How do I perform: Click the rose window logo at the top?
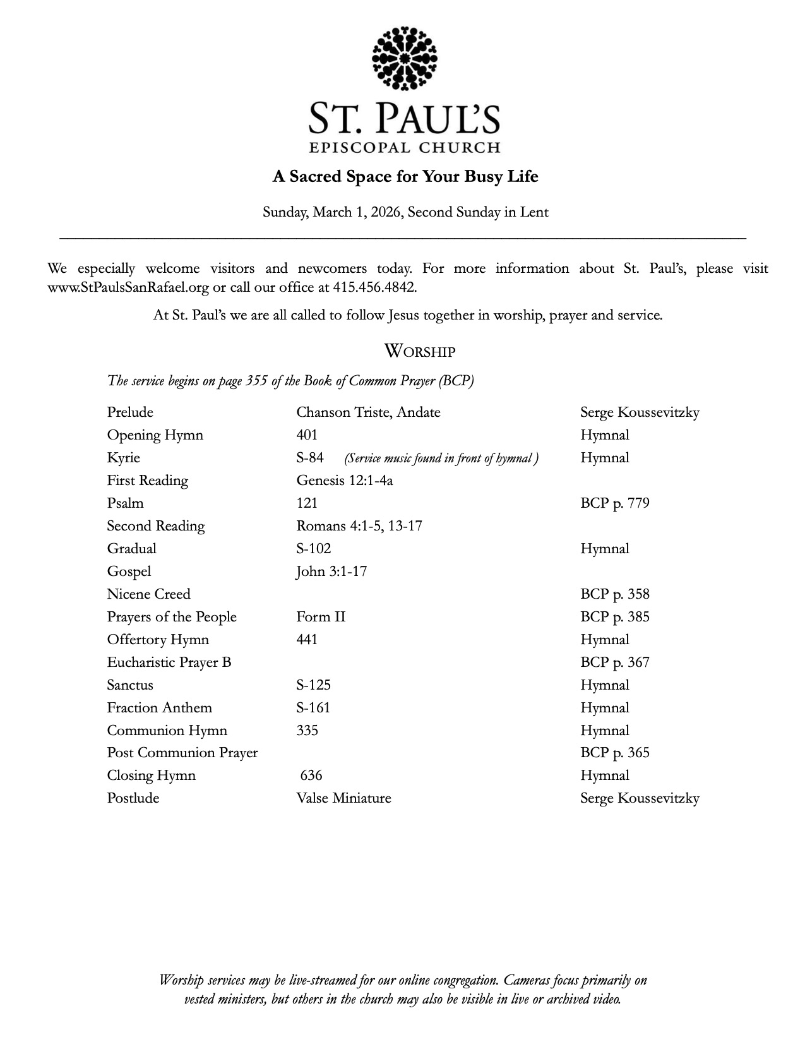pyautogui.click(x=405, y=58)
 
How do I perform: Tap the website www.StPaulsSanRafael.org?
pyautogui.click(x=128, y=287)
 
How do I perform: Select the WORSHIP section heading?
pyautogui.click(x=419, y=351)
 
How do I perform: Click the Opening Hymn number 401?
pyautogui.click(x=307, y=435)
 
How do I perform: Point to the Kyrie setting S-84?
pyautogui.click(x=310, y=458)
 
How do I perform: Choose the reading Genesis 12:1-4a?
pyautogui.click(x=345, y=481)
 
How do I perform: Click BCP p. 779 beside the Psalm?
pyautogui.click(x=614, y=503)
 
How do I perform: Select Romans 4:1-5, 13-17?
pyautogui.click(x=359, y=526)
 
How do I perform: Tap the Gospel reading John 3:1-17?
pyautogui.click(x=331, y=572)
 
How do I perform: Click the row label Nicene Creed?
pyautogui.click(x=148, y=594)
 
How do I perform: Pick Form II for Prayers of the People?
pyautogui.click(x=321, y=617)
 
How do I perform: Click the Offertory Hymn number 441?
pyautogui.click(x=307, y=640)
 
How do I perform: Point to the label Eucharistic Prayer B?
pyautogui.click(x=169, y=662)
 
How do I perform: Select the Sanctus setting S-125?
pyautogui.click(x=313, y=685)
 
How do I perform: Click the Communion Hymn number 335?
pyautogui.click(x=307, y=731)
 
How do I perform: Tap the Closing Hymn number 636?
pyautogui.click(x=311, y=776)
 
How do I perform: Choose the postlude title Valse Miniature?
pyautogui.click(x=343, y=798)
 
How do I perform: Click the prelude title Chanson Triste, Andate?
pyautogui.click(x=368, y=412)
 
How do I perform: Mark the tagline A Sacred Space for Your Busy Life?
pyautogui.click(x=405, y=176)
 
